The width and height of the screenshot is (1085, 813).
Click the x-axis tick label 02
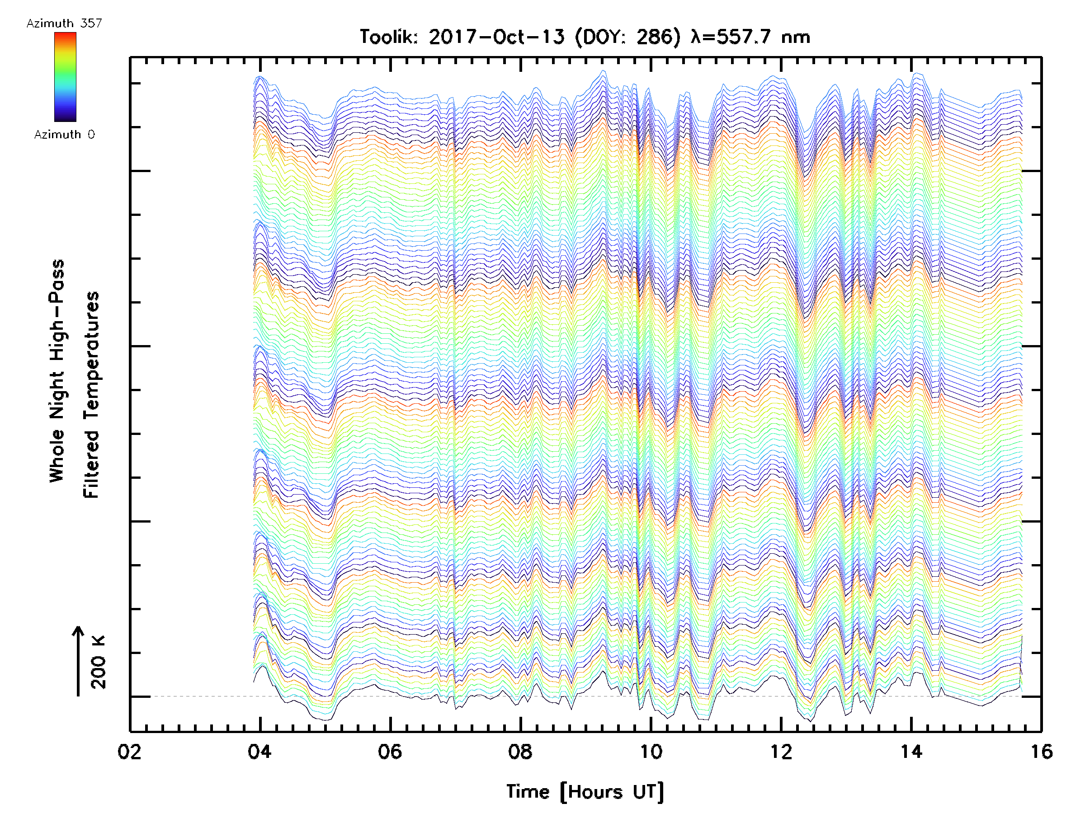tap(129, 752)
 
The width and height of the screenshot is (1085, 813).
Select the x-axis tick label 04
tap(259, 752)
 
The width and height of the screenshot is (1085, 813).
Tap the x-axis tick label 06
tap(390, 752)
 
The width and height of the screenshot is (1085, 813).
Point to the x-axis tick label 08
tap(520, 752)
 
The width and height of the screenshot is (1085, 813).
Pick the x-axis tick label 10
tap(651, 752)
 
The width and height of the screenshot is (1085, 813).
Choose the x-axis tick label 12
tap(781, 752)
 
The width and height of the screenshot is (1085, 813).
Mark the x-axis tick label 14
tap(911, 752)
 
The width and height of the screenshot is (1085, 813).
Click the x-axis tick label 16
tap(1041, 752)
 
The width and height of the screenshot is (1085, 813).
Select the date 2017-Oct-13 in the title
tap(496, 37)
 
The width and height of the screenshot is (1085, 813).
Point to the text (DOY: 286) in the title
tap(627, 37)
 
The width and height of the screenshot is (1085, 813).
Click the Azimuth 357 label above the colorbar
tap(64, 23)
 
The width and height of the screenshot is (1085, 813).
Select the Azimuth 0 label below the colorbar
tap(64, 135)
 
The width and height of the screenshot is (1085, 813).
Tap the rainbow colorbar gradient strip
tap(65, 77)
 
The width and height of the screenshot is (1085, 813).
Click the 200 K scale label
tap(99, 662)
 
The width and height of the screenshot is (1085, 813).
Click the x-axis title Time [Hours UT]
tap(585, 792)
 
